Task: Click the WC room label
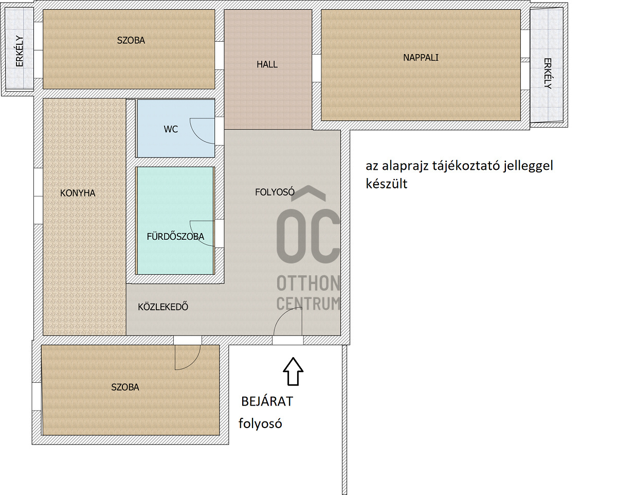[171, 129]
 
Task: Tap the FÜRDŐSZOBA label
[175, 237]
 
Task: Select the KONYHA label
[78, 193]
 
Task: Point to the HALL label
[267, 64]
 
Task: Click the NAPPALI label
[421, 58]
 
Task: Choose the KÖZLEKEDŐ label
[163, 307]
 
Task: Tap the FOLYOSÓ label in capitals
[275, 192]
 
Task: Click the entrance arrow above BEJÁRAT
[293, 371]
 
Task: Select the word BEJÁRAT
[267, 402]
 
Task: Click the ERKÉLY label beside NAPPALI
[548, 74]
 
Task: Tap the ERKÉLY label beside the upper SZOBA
[20, 51]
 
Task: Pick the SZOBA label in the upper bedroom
[131, 41]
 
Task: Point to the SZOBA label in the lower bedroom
[125, 387]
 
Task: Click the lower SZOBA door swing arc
[192, 362]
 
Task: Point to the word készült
[387, 184]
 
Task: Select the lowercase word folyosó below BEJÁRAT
[260, 423]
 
